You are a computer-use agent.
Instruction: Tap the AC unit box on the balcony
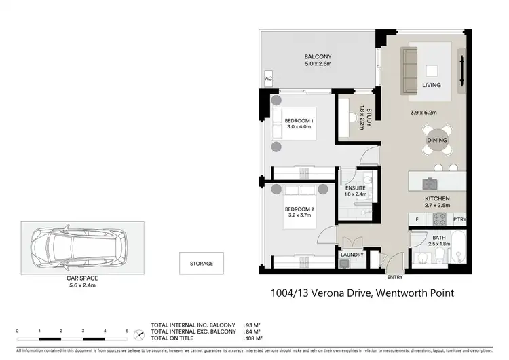coord(268,78)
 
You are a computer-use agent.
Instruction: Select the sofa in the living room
coord(409,70)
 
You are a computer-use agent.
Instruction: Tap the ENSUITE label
coord(356,187)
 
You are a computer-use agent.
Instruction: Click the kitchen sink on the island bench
coord(430,183)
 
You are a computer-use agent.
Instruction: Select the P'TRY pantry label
coord(459,219)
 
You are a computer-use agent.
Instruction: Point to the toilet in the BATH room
coord(440,253)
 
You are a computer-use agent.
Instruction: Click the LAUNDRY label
coord(354,255)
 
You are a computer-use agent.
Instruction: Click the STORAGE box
coord(202,263)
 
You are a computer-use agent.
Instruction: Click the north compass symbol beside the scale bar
coord(139,334)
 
